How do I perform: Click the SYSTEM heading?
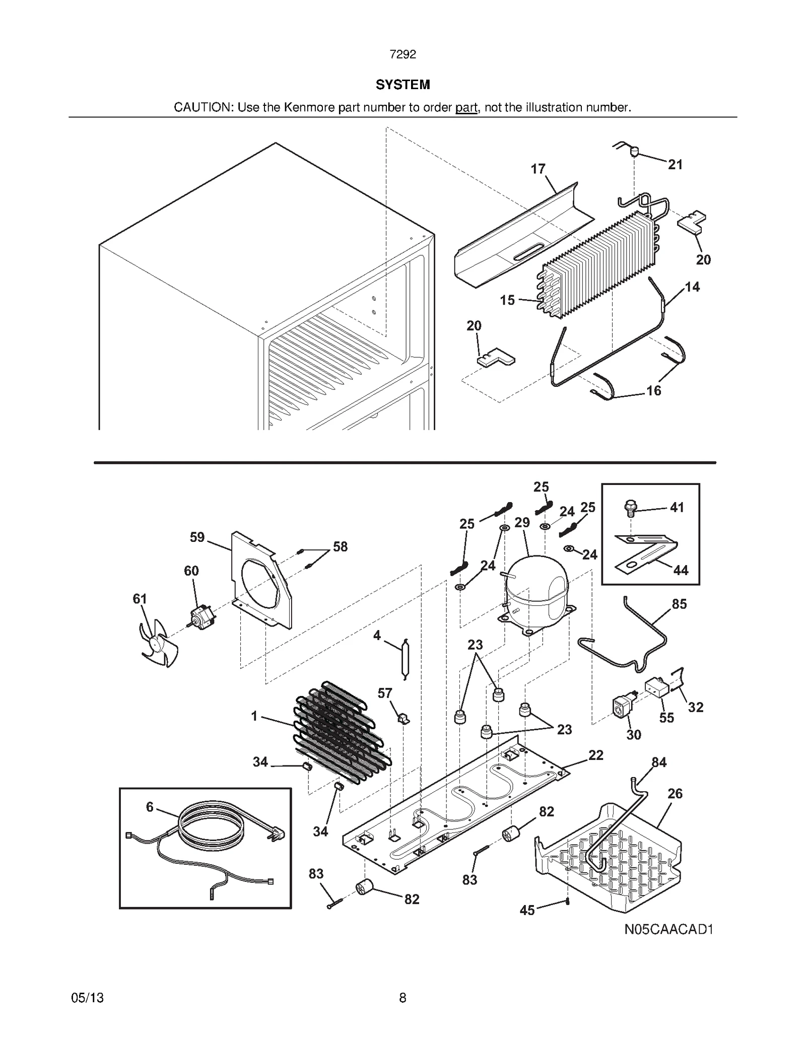pos(402,85)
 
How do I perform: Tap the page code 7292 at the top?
pos(402,55)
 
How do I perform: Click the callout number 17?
pos(538,169)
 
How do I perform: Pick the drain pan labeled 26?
pos(610,856)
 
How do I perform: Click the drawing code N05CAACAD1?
pos(668,929)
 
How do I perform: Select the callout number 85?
pos(679,604)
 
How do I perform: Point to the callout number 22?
pos(595,755)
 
